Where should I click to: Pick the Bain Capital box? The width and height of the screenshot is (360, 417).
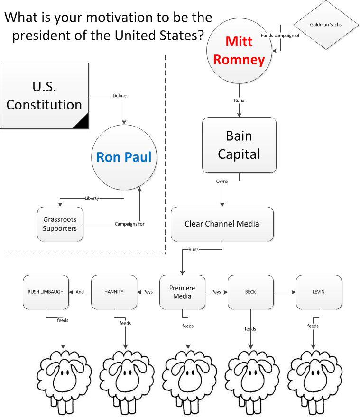tap(239, 145)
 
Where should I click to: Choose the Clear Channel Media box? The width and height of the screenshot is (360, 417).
tap(222, 224)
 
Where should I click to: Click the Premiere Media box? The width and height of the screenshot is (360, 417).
tap(182, 292)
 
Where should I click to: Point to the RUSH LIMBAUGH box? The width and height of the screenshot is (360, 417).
tap(46, 292)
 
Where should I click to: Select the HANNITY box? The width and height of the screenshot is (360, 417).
tap(114, 292)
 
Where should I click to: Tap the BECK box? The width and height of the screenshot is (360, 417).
tap(250, 292)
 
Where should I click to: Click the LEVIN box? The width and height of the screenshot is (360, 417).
tap(318, 292)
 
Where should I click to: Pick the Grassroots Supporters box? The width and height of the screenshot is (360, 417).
tap(60, 224)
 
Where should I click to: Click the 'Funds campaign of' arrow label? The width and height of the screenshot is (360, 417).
tap(280, 35)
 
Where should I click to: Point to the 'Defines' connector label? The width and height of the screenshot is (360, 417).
tap(120, 96)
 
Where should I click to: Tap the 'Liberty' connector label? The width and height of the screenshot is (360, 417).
tap(92, 198)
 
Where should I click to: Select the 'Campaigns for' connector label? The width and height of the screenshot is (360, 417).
tap(129, 224)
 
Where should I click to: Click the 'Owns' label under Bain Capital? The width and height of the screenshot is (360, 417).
tap(222, 181)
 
